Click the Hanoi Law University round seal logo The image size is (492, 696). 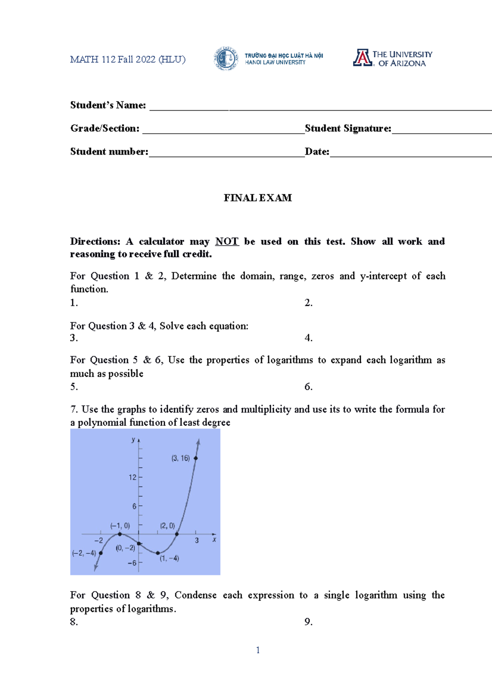pos(225,59)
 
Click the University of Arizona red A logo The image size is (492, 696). pos(362,58)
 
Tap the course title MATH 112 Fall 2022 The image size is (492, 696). pos(128,59)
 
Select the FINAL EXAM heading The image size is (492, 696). pos(257,198)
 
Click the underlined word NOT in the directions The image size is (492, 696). pos(227,241)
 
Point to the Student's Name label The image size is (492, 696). pos(108,105)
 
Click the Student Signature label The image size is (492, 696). pos(348,129)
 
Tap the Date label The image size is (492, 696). pos(317,152)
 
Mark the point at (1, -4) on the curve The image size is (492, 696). pos(158,553)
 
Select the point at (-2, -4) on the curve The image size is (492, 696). pos(101,553)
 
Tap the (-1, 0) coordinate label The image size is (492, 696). pos(120,525)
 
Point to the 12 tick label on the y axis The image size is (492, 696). pos(132,477)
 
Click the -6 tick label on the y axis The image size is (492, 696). pos(132,563)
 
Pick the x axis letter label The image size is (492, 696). pos(214,540)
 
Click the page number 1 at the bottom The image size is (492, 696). pos(257,650)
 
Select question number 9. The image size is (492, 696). pos(308,622)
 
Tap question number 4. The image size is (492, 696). pos(308,338)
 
